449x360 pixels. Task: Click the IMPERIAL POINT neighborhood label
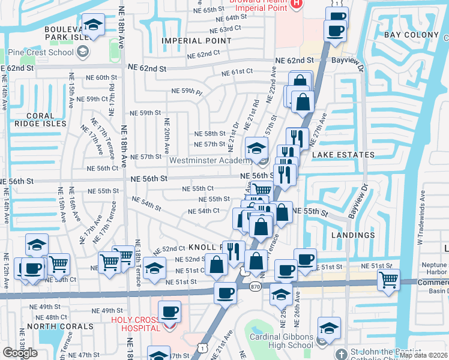[x=197, y=41]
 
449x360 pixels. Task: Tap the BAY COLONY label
[x=411, y=35]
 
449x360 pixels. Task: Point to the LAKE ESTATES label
[x=343, y=155]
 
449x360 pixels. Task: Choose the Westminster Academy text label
[x=210, y=161]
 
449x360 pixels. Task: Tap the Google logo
[x=20, y=353]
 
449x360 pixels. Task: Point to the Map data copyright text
[x=423, y=355]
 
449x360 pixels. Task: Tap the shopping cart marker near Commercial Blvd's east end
[x=388, y=279]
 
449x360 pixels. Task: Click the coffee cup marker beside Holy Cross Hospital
[x=170, y=311]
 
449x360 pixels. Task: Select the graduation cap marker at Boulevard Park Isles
[x=92, y=25]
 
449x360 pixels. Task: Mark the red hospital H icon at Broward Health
[x=295, y=5]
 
